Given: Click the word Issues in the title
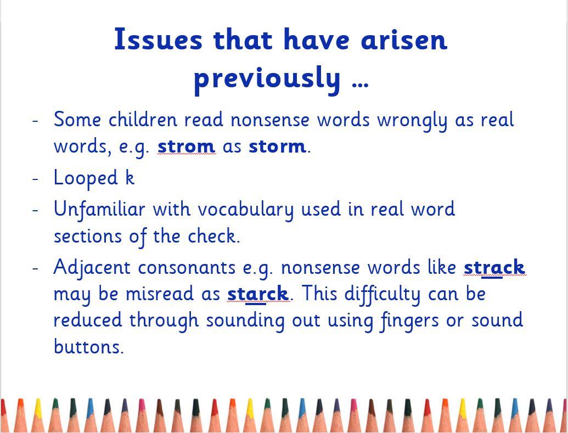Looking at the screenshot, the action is coord(158,39).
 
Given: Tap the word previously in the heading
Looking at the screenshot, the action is coord(267,79).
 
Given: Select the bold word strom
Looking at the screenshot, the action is coord(186,146).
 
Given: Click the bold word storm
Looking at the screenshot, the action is coord(277,146).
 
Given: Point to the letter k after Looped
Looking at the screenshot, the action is coord(130,177).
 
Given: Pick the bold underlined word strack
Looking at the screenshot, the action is coord(494,267).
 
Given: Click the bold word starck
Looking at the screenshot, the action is coord(258,294).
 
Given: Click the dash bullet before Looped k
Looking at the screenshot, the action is coord(35,178).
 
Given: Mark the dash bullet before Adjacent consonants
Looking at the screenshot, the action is coord(35,268).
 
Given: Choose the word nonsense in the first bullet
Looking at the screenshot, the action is coord(270,120).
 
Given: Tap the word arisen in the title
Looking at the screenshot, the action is coord(404,39).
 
